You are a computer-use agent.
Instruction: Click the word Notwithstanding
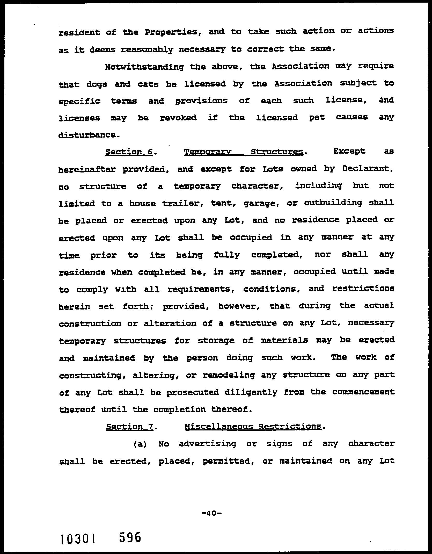144,67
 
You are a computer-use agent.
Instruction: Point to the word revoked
178,118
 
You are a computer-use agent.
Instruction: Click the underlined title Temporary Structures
243,152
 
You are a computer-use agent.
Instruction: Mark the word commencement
363,392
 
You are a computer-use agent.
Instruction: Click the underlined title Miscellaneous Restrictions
253,426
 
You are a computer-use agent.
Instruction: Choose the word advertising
207,444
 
